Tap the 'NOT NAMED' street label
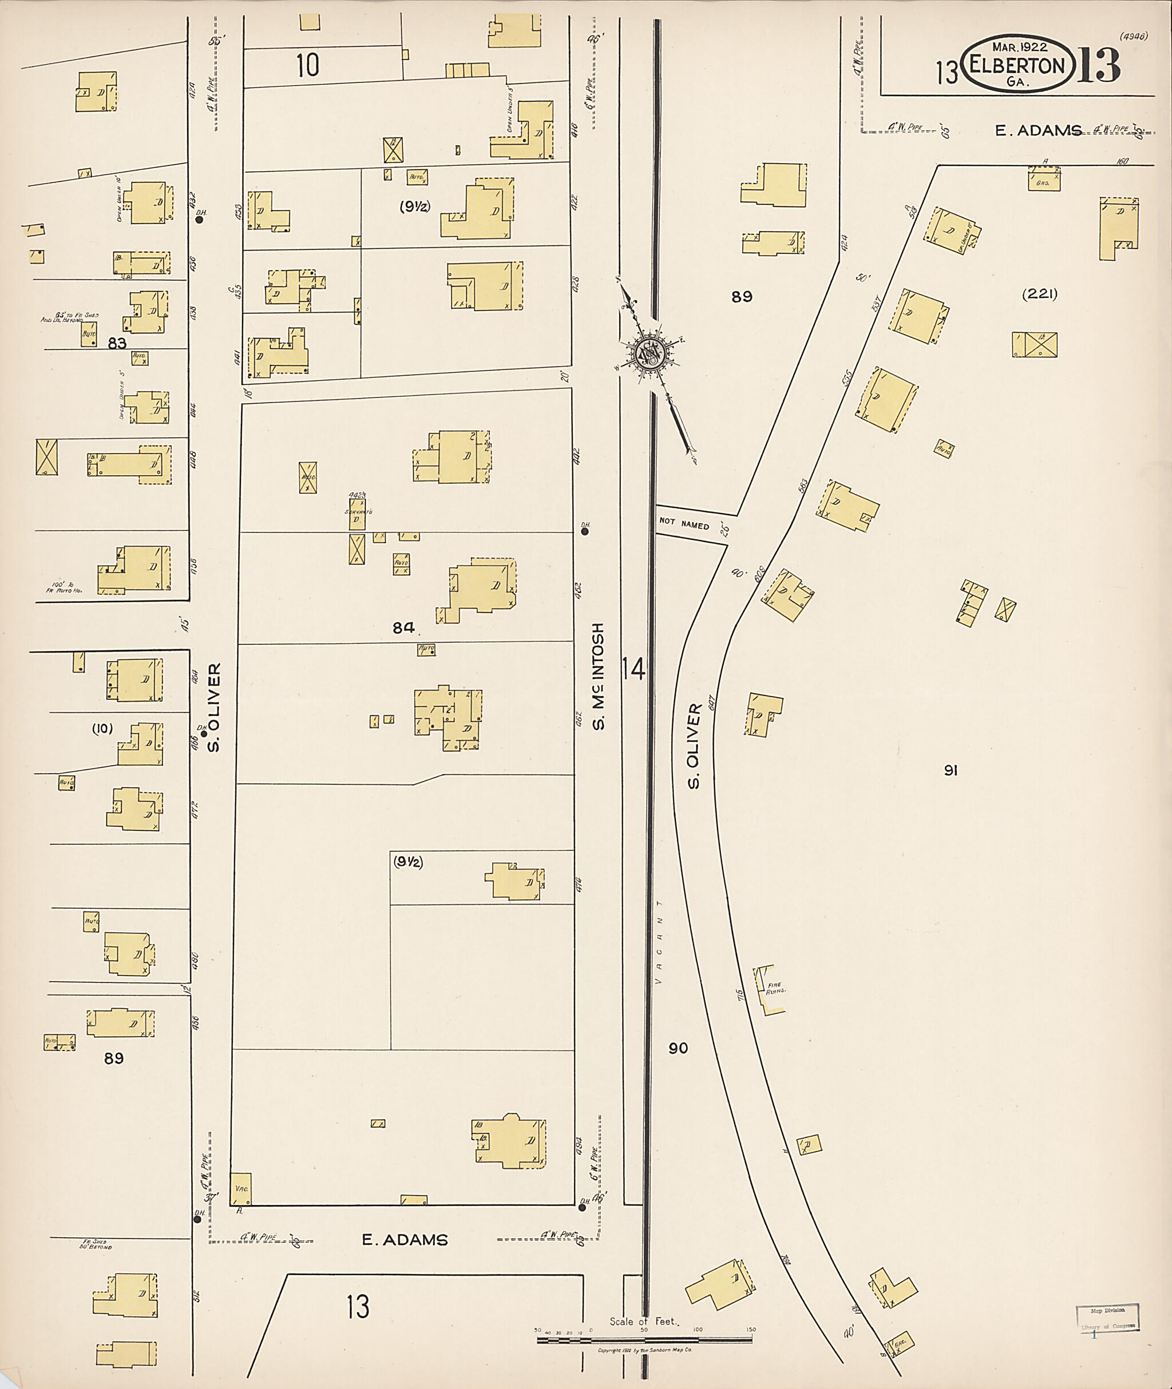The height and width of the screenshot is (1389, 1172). tap(684, 524)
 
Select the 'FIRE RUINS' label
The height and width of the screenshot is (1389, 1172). tap(775, 988)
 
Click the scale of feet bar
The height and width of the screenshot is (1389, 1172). tap(644, 1339)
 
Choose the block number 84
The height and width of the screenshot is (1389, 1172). tap(403, 627)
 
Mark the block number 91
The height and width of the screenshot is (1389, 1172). tap(951, 770)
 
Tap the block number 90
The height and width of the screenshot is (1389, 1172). tap(678, 1048)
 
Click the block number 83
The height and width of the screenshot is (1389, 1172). tap(117, 343)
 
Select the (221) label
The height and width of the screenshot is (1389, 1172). tap(1039, 294)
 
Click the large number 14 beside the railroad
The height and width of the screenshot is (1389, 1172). tap(634, 668)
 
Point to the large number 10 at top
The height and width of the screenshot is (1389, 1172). tap(308, 65)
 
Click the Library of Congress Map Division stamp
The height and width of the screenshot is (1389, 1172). tap(1107, 1318)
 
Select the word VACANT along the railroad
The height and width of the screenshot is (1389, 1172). tap(659, 943)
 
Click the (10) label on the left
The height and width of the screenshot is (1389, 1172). tap(102, 729)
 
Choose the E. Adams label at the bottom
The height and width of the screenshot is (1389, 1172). tap(405, 1240)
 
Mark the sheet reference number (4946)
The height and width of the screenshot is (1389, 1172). tap(1134, 37)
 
